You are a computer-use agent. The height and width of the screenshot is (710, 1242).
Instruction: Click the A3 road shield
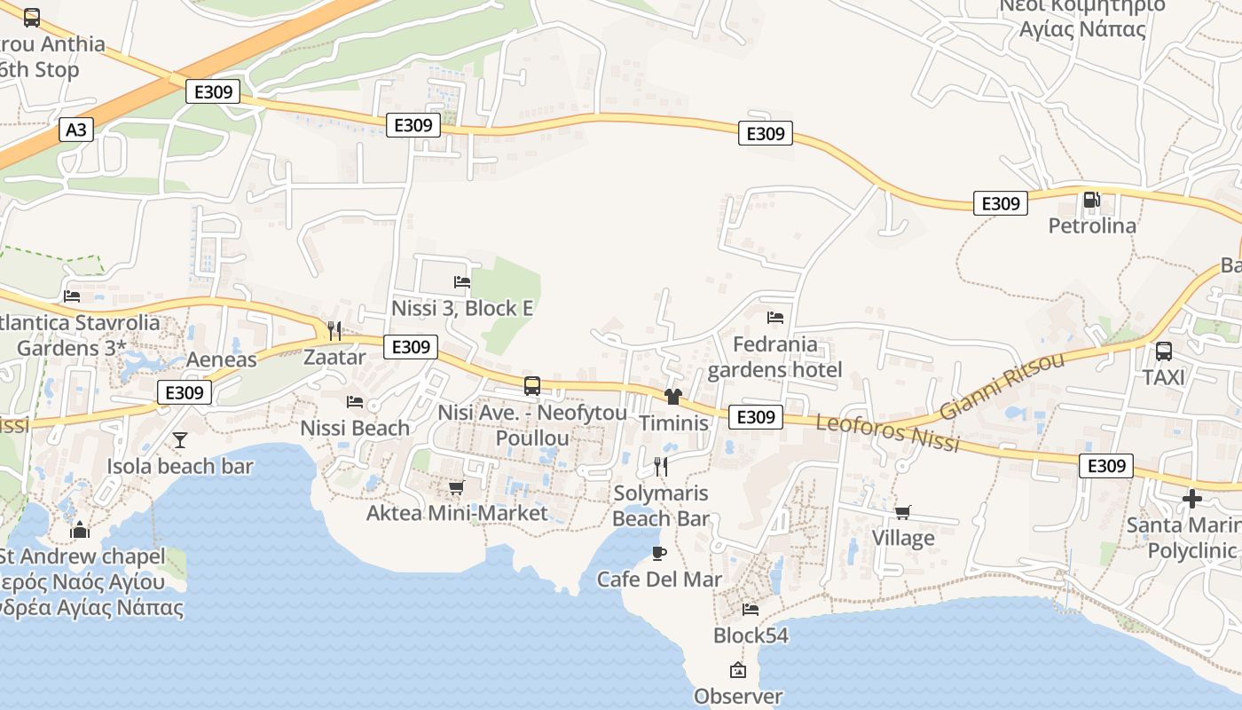click(x=76, y=130)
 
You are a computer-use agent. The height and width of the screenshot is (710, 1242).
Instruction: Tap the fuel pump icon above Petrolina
click(x=1092, y=201)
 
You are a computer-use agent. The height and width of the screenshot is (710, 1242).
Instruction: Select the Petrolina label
click(x=1092, y=225)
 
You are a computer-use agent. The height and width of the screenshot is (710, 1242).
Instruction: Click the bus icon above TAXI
click(x=1163, y=351)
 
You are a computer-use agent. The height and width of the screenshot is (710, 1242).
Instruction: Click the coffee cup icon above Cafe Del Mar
click(x=658, y=553)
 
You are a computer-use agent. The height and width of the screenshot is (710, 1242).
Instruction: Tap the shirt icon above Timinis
click(x=673, y=397)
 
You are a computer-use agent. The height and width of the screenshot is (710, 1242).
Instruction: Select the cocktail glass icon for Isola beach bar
click(x=180, y=439)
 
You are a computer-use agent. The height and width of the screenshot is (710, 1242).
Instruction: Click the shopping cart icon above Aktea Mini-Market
click(x=457, y=487)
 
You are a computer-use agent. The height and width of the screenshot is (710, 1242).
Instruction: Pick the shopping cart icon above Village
click(x=903, y=512)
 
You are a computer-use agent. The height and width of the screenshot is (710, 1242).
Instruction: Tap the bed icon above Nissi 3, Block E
click(x=462, y=282)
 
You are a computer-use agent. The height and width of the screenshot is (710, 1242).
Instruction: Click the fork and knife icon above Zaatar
click(x=334, y=331)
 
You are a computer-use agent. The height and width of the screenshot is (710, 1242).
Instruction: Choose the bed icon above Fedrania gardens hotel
click(x=775, y=317)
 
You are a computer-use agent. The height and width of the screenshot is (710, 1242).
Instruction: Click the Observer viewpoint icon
click(x=738, y=670)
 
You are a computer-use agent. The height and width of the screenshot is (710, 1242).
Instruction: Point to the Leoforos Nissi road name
click(x=887, y=432)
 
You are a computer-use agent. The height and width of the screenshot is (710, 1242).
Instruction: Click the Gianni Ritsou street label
click(x=1002, y=385)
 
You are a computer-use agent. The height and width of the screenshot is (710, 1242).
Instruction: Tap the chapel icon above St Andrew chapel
click(x=81, y=530)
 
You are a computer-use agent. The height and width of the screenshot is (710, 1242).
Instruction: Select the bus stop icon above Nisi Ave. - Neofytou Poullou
click(x=532, y=386)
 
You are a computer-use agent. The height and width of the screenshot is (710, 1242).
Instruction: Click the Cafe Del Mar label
click(x=659, y=580)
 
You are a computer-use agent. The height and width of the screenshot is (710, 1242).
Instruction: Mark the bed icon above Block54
click(x=751, y=610)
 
